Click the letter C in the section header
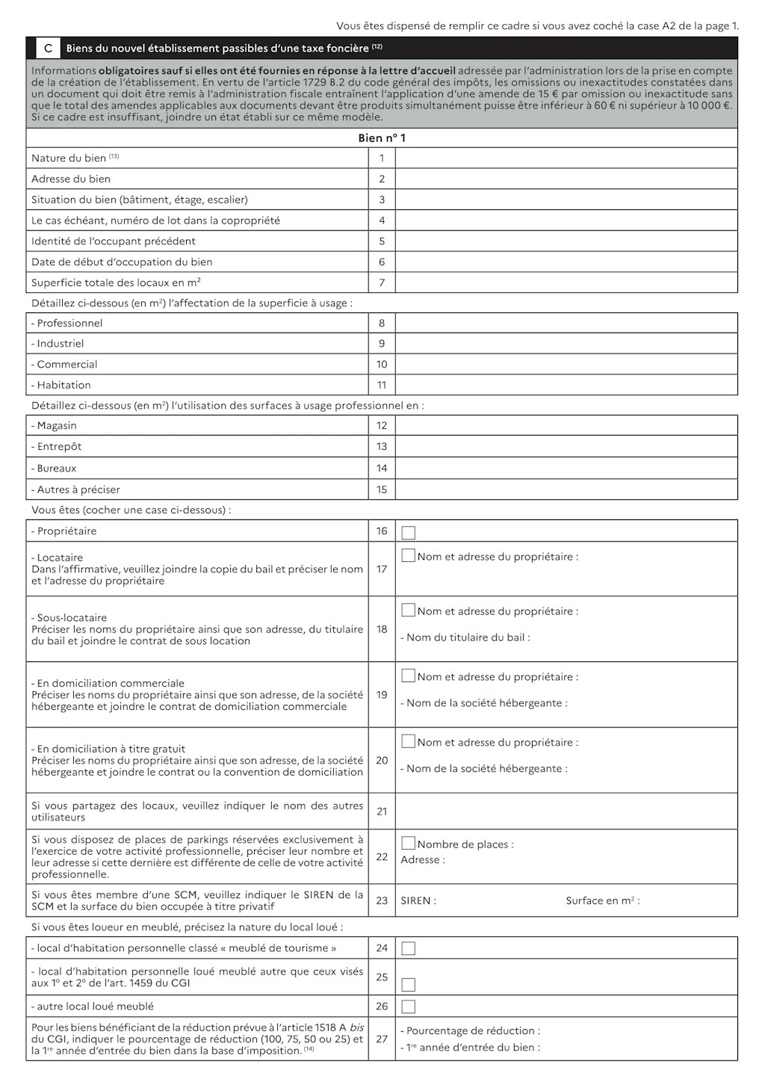[48, 49]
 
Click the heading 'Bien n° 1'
[382, 138]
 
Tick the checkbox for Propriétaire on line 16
[409, 533]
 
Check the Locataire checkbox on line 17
[409, 556]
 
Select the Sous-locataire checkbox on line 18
[409, 610]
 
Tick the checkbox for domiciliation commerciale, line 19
[409, 676]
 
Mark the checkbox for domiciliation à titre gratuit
[409, 741]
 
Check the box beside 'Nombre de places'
[409, 844]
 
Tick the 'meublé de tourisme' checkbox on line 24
[409, 949]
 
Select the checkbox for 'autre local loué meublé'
[409, 1007]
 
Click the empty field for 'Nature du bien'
[566, 158]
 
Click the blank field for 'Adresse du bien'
[566, 179]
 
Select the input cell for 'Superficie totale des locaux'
[566, 282]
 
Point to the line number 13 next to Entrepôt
[382, 447]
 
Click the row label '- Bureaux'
[54, 469]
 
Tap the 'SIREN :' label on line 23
[418, 901]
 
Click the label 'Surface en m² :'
[602, 901]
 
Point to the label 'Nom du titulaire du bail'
[467, 638]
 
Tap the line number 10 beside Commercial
[382, 365]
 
